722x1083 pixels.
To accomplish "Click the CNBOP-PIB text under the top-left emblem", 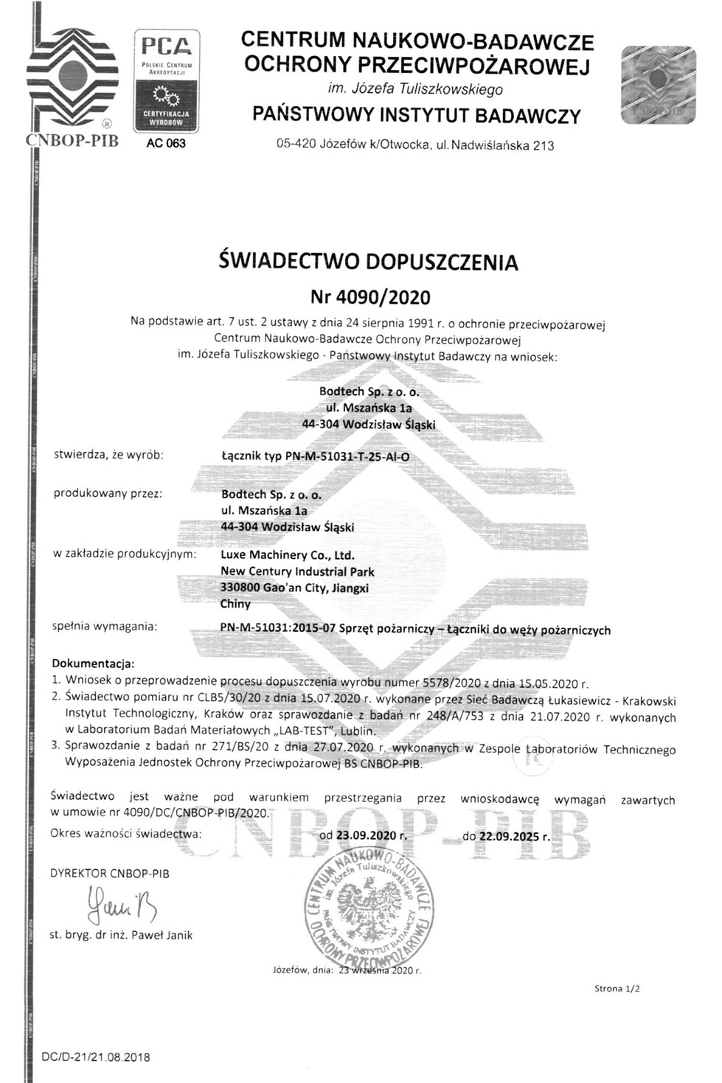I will [x=72, y=141].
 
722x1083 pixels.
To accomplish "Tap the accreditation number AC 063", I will [x=166, y=143].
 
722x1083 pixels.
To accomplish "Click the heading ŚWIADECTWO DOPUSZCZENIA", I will [x=369, y=262].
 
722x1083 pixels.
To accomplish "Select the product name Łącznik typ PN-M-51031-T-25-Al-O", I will [x=315, y=456].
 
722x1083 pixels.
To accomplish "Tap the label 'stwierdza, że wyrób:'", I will [x=108, y=454].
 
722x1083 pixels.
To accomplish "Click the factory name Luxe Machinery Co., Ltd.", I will [x=288, y=555].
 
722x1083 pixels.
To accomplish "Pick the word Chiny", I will [x=235, y=604].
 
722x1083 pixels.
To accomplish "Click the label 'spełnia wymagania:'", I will [x=105, y=626].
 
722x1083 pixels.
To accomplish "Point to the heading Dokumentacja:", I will [x=93, y=664].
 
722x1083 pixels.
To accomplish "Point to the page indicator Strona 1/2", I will [x=617, y=989].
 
